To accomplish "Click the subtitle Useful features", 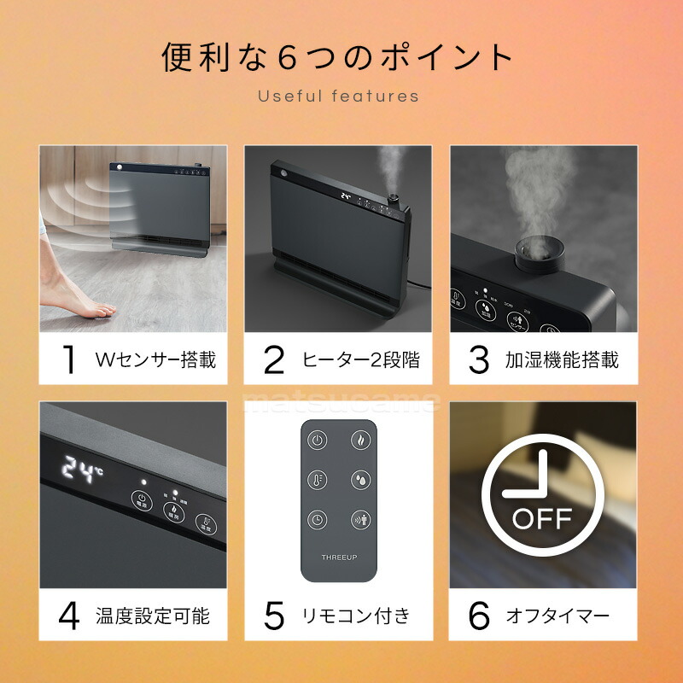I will [x=339, y=96].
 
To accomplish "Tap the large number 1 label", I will [x=69, y=359].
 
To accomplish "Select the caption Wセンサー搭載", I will [x=155, y=359].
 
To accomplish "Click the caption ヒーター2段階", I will [x=361, y=359].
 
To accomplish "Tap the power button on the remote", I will [x=318, y=441].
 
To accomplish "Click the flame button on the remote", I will [x=360, y=441].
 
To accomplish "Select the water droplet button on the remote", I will [x=360, y=480].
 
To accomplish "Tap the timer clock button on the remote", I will [x=318, y=519].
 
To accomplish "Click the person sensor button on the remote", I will [x=360, y=519].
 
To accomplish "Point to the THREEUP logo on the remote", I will [x=339, y=557].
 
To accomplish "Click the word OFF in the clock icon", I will [x=542, y=518].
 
